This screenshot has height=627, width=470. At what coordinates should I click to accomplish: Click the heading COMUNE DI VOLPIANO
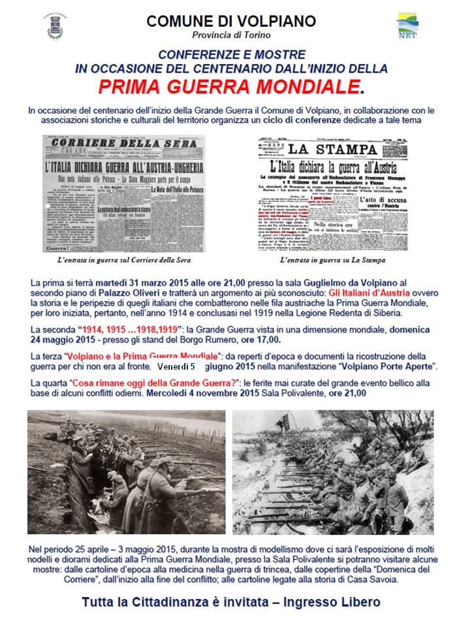tap(232, 21)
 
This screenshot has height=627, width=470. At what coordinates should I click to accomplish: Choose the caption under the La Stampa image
tap(332, 260)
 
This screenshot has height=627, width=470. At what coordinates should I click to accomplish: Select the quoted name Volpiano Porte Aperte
tap(382, 368)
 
